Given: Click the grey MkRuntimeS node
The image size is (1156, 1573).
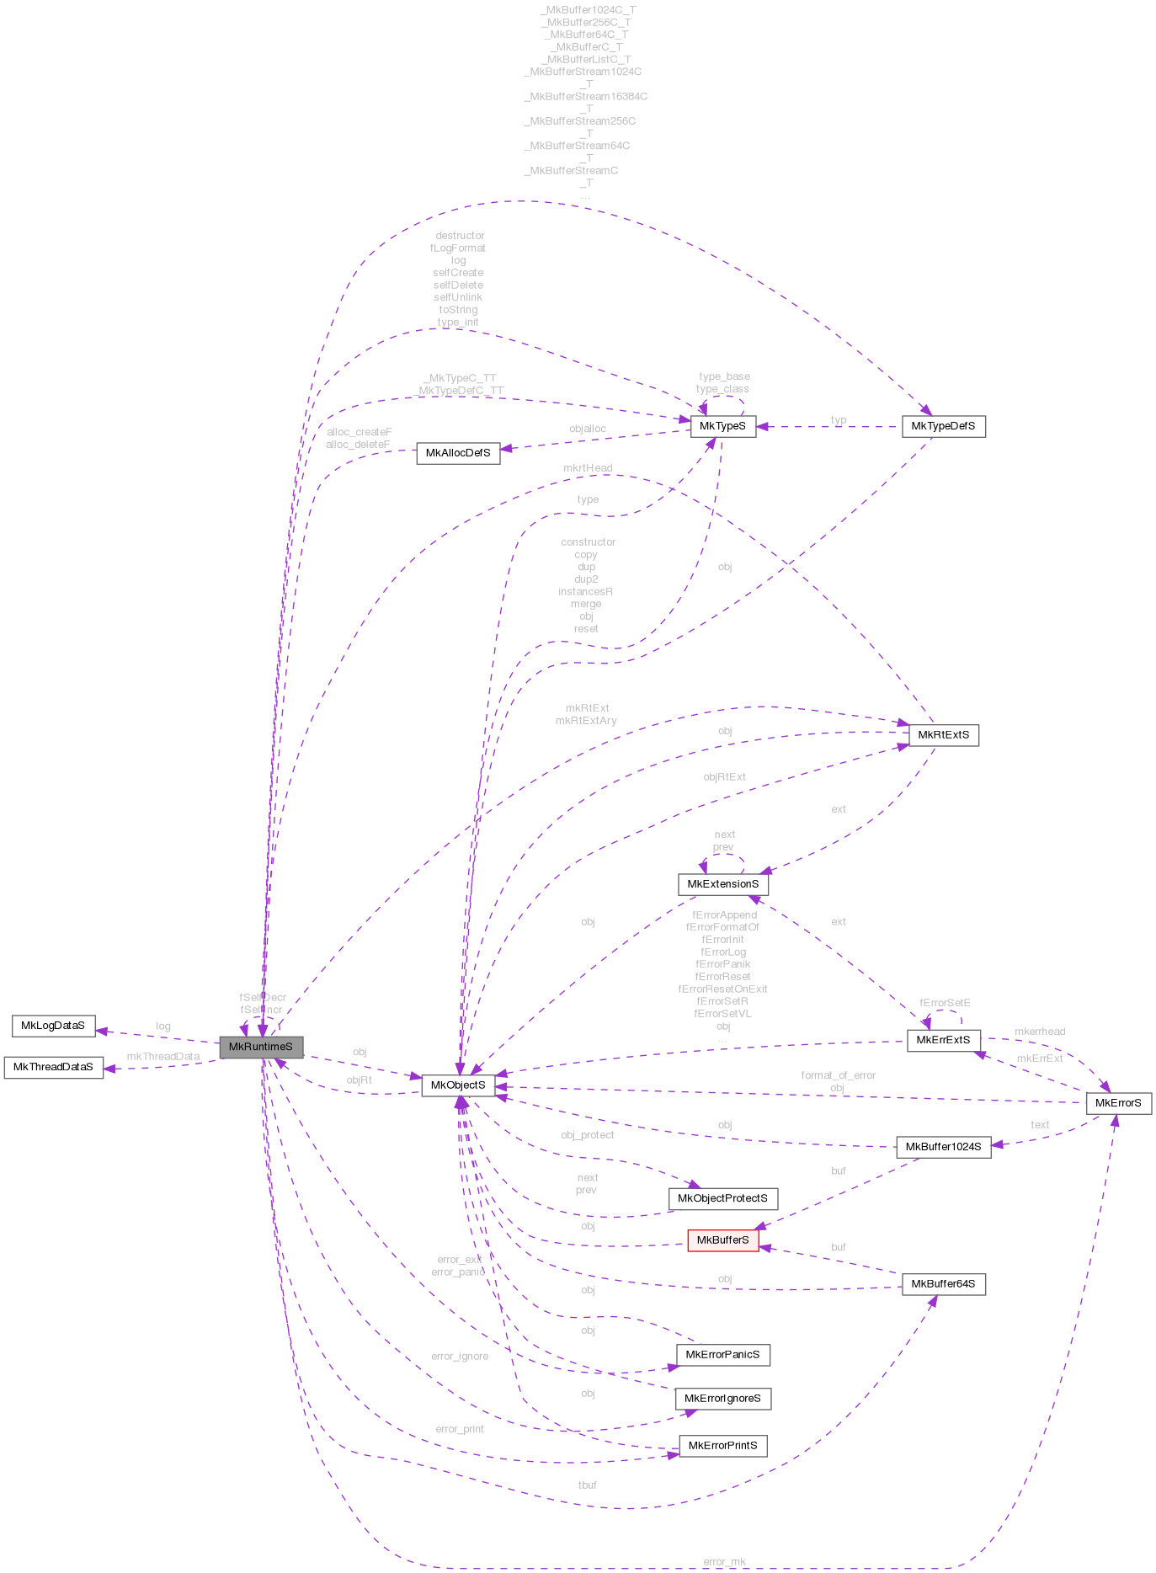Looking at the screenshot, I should (260, 1047).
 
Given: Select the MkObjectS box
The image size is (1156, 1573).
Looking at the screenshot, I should (458, 1085).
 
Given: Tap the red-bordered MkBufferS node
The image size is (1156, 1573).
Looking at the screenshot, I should (722, 1240).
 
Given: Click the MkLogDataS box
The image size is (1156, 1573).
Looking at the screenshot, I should (53, 1026).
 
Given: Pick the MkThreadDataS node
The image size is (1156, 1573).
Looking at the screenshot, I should (53, 1067).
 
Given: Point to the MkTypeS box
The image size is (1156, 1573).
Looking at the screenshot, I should (722, 426).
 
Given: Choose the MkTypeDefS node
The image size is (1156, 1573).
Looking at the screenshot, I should (943, 426).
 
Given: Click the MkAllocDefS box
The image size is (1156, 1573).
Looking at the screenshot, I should (458, 453).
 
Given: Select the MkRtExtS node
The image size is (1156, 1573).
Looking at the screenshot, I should (943, 735).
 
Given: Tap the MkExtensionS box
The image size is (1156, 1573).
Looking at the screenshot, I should (722, 884).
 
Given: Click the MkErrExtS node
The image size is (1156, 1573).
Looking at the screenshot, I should (943, 1040).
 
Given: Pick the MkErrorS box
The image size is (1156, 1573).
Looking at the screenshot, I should (1118, 1103).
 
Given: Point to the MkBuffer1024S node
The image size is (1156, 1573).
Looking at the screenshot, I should (943, 1147).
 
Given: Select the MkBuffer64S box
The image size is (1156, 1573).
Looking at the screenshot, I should (943, 1284).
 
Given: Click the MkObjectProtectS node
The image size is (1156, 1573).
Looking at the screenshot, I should (722, 1198).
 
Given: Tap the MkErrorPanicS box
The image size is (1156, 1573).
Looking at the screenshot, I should (722, 1355).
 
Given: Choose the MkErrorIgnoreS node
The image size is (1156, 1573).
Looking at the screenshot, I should (722, 1399).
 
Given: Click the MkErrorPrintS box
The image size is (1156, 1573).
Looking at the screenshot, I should (722, 1446).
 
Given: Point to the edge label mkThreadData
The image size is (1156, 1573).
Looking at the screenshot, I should (163, 1057).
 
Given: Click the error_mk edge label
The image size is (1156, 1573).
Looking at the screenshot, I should (724, 1562).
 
